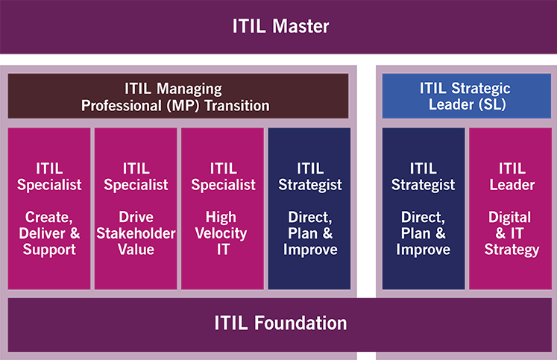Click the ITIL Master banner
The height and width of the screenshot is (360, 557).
coord(279,27)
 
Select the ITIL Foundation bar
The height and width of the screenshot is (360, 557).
coord(280,325)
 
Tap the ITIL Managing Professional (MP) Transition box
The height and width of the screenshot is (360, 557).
coord(178,96)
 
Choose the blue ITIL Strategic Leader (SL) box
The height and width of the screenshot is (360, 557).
coord(467,96)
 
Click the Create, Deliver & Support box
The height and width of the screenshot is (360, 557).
coord(49,209)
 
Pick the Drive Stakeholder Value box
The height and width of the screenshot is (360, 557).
coord(136,209)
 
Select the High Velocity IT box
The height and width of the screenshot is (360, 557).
coord(222,209)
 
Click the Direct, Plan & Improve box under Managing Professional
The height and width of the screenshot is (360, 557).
coord(309,209)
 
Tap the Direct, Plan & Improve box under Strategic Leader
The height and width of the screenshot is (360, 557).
coord(424,209)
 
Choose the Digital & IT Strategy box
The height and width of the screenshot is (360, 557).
coord(511,209)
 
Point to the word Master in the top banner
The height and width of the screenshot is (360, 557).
coord(300,26)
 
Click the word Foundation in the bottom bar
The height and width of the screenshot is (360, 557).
coord(300,323)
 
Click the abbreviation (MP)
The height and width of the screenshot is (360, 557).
coord(183,106)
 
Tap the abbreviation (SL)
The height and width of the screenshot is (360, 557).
coord(492,104)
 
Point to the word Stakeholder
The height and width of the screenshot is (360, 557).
coord(136,233)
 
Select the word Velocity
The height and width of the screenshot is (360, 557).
coord(221,234)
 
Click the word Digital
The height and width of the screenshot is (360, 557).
coord(510,218)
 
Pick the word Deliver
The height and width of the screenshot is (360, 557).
coord(43,233)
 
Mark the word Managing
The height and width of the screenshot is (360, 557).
coord(189,89)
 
